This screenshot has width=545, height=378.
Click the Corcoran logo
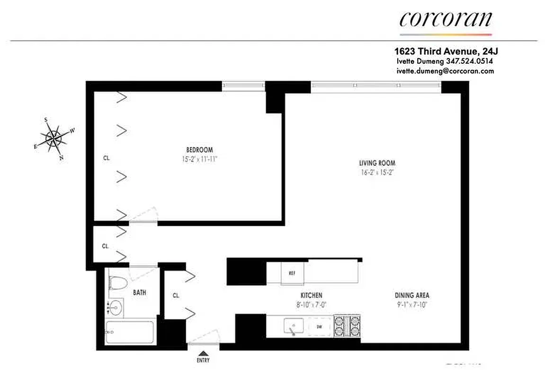point(446,20)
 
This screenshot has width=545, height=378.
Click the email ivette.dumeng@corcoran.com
point(445,71)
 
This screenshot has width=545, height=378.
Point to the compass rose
point(54,138)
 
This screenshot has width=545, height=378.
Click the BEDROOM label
point(199,150)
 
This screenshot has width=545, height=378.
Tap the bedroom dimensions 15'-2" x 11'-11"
point(199,159)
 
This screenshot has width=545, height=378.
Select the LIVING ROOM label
point(377,163)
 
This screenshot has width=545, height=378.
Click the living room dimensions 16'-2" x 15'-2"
point(377,172)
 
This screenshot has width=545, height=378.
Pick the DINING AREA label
point(412,295)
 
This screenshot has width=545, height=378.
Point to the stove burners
point(348,326)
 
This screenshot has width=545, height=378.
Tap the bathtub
point(129,333)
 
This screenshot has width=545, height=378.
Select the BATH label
point(139,292)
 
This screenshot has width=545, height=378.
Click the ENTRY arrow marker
point(203,353)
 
